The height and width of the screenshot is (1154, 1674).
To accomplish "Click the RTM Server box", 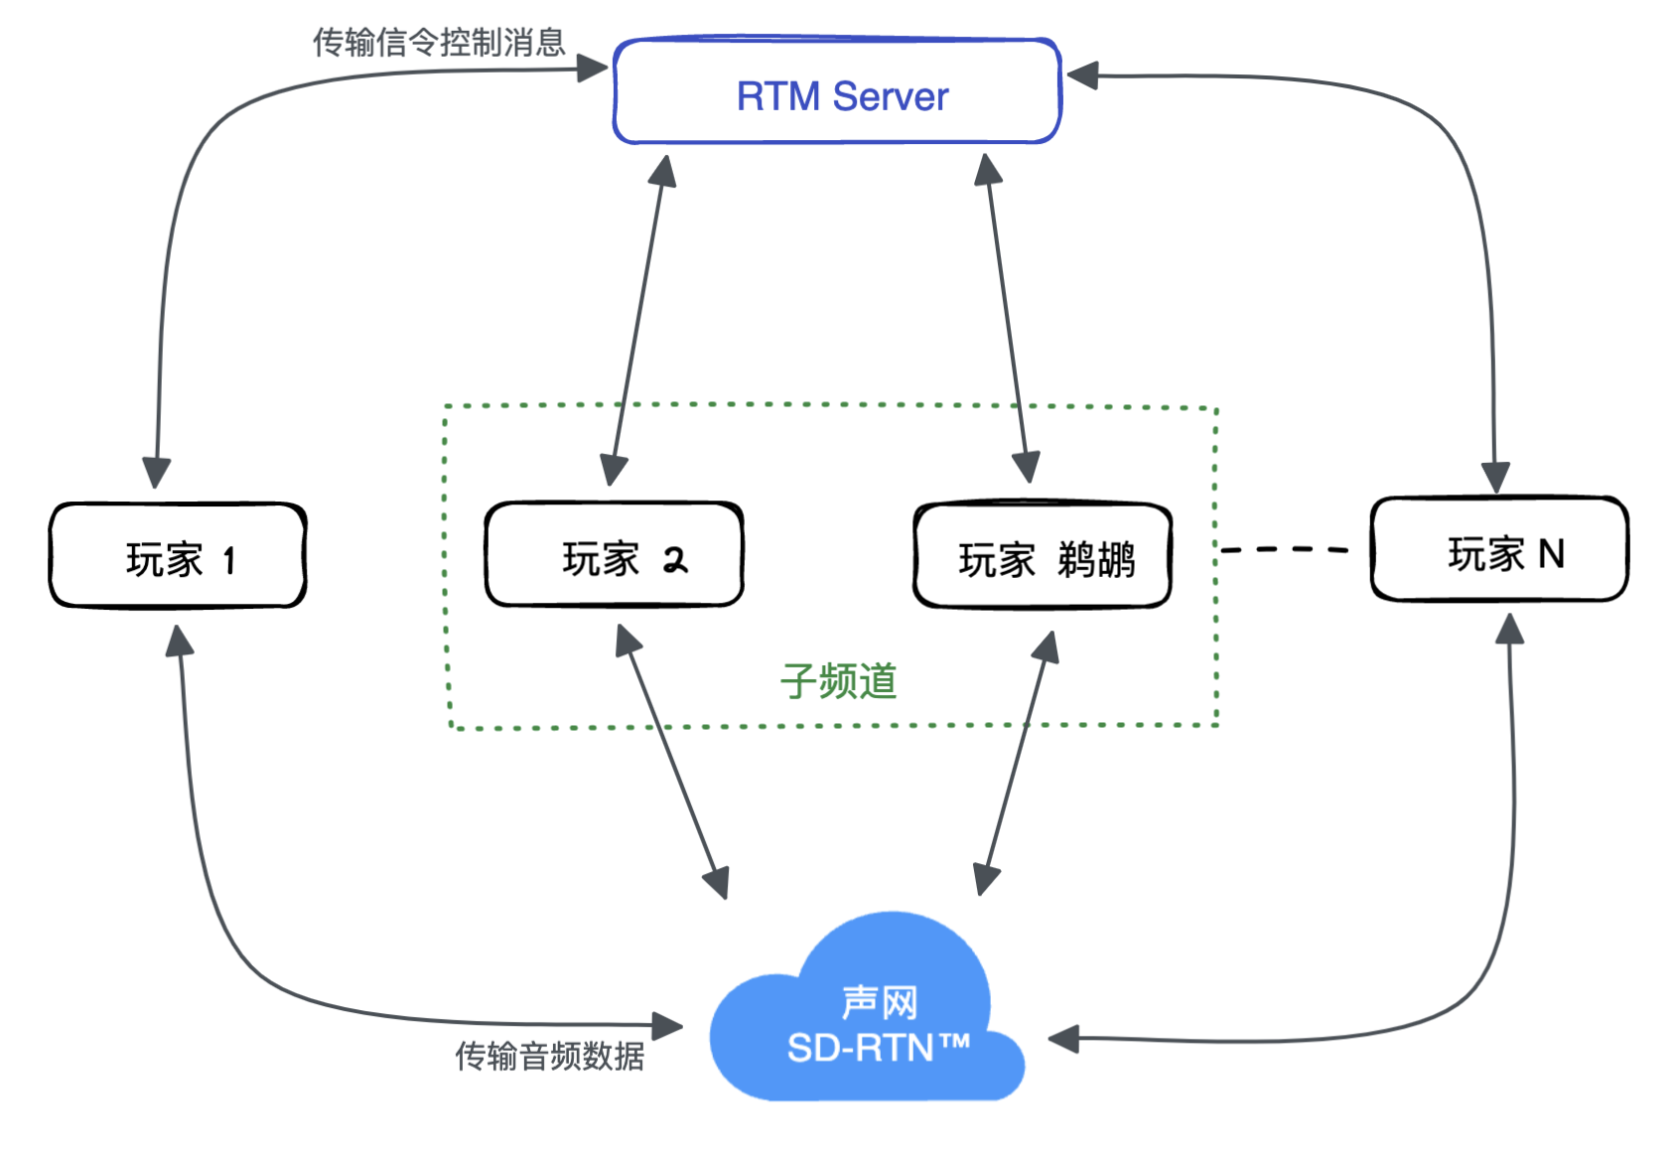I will pos(838,92).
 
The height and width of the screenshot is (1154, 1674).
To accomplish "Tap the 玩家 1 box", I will pos(179,557).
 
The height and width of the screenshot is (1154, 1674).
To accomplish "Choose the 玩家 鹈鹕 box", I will pos(1043,557).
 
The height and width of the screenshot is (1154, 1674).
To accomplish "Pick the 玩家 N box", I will pos(1499,551).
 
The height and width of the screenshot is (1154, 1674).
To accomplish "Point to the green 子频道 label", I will pos(839,681).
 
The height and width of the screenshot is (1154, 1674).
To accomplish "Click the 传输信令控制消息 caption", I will pos(439,42).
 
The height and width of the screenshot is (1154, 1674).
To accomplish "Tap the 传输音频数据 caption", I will pos(549,1056).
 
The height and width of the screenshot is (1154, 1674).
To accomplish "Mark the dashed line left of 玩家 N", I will pos(1285,548).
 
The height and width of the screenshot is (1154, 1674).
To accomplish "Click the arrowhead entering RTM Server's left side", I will pos(593,68).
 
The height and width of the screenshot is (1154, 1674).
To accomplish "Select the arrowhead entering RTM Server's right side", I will pos(1082,75).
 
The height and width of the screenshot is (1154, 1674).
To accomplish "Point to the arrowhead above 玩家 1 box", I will pos(157,473).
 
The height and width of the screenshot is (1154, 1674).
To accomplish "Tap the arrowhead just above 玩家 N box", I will pos(1496,477).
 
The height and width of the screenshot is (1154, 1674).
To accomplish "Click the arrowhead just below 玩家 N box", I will pos(1509,629).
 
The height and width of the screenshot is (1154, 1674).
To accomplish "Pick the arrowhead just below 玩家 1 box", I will pos(180,641).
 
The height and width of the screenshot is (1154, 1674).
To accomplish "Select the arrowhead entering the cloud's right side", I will pos(1063,1039).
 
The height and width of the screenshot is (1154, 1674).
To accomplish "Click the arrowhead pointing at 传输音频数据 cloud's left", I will pos(667,1025).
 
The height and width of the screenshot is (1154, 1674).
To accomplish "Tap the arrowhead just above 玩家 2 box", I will pos(614,470).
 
